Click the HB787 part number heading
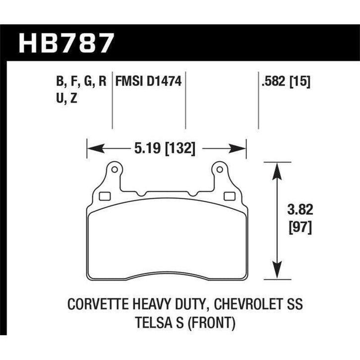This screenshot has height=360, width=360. pos(65,43)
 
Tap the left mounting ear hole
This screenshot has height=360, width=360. pos(115,170)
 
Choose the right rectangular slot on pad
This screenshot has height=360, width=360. pos(230,196)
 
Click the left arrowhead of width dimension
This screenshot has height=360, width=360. pos(92,147)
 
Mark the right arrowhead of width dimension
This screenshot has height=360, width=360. pos(241,147)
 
